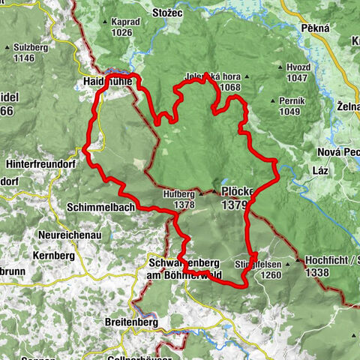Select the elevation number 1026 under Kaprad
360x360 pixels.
(x=124, y=33)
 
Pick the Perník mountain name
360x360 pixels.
(x=289, y=100)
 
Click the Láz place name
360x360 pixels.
(x=310, y=172)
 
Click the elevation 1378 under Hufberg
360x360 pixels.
(x=181, y=205)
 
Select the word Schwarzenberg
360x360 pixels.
(x=182, y=265)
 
